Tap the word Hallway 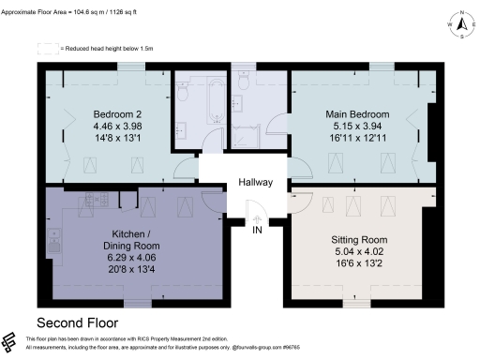[x=255, y=182]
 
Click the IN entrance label [x=256, y=230]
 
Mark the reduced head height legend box [x=47, y=47]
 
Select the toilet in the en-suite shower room [x=243, y=85]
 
